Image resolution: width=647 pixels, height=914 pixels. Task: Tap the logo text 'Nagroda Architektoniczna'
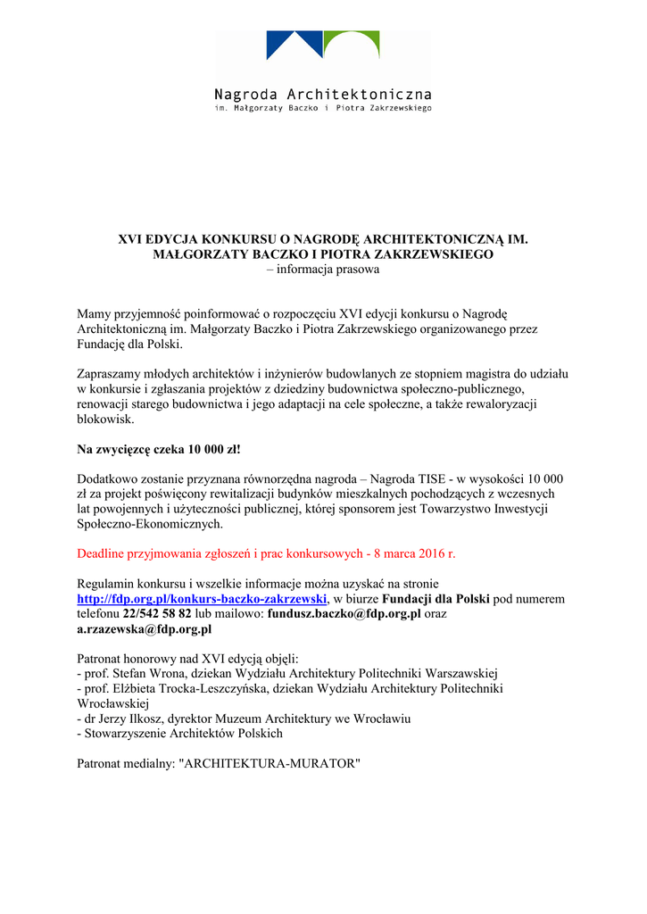(323, 95)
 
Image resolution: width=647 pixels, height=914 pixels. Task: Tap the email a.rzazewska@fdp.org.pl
(145, 629)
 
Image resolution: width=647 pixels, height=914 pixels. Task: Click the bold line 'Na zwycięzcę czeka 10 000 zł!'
(159, 448)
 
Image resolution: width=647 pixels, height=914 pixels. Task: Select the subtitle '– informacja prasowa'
(323, 269)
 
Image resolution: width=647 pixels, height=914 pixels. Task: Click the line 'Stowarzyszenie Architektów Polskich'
(183, 734)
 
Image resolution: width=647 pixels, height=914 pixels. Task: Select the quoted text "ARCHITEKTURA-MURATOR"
(270, 764)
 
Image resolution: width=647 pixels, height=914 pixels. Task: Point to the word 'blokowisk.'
(105, 419)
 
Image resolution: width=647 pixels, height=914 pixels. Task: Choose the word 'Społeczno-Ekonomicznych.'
(151, 524)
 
